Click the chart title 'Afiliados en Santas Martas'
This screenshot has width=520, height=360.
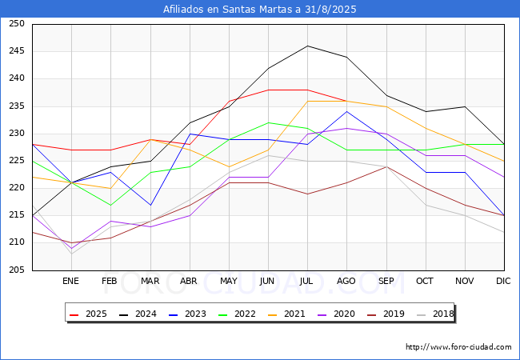(260, 10)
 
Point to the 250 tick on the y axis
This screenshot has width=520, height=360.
(17, 24)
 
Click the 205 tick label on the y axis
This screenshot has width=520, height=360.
(17, 270)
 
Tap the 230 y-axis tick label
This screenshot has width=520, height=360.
(17, 134)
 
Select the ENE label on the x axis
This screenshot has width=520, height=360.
(71, 281)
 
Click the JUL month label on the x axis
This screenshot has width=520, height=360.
(307, 281)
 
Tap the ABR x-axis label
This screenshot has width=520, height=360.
(189, 281)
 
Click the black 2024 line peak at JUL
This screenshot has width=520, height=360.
(307, 46)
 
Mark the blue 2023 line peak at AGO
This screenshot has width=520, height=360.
(346, 111)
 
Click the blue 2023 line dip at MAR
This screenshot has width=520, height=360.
(150, 205)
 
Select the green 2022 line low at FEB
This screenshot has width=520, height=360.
(110, 205)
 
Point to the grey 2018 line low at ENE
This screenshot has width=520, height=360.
(71, 254)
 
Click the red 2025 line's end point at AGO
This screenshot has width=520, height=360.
(346, 101)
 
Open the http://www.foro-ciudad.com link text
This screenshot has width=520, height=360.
(458, 347)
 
